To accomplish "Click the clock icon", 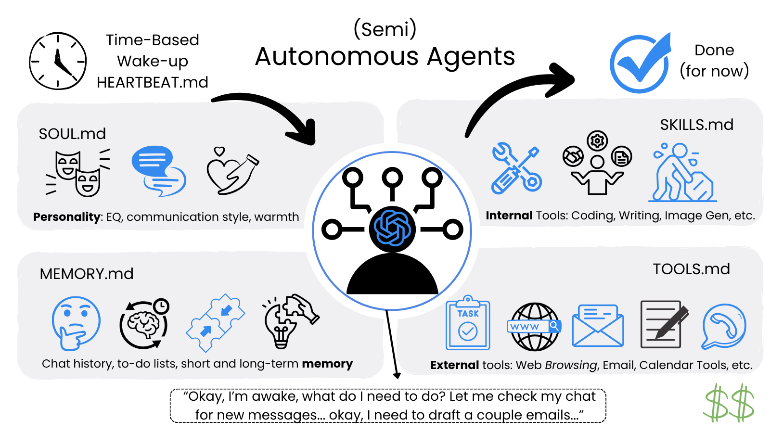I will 58,61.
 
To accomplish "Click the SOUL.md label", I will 72,134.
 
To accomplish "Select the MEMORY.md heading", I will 87,274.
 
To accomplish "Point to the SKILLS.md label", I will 696,125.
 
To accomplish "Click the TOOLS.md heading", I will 691,269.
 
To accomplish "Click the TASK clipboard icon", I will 468,323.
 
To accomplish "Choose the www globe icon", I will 534,327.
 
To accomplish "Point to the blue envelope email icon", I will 598,326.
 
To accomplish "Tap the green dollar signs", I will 729,403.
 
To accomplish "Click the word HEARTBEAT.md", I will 152,83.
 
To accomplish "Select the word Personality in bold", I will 66,217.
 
